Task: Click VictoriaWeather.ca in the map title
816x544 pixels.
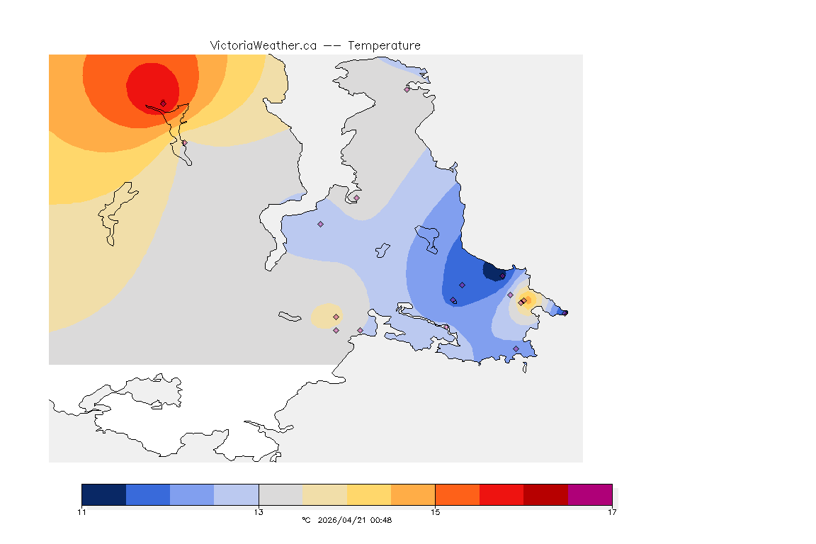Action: pos(263,45)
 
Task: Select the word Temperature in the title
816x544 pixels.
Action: pos(384,45)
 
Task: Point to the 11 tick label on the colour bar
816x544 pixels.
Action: pos(82,512)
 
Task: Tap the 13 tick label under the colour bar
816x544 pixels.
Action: pos(259,512)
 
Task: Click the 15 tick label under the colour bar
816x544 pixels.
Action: pos(436,512)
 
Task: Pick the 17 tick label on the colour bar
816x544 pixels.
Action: pos(612,512)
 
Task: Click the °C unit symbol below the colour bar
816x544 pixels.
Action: pos(306,520)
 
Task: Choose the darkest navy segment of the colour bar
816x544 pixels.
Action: pos(103,494)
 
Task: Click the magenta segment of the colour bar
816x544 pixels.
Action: pos(590,494)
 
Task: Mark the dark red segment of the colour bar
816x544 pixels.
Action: pos(546,494)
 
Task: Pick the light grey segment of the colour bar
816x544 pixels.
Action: pos(280,494)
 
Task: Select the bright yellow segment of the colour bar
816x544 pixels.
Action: pos(369,494)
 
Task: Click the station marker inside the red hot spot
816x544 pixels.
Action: pos(163,103)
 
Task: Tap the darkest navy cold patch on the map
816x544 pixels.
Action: pos(491,271)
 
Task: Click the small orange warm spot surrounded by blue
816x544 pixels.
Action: pos(526,299)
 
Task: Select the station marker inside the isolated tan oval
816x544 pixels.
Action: pos(336,317)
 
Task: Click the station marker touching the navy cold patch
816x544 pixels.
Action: pos(502,276)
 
